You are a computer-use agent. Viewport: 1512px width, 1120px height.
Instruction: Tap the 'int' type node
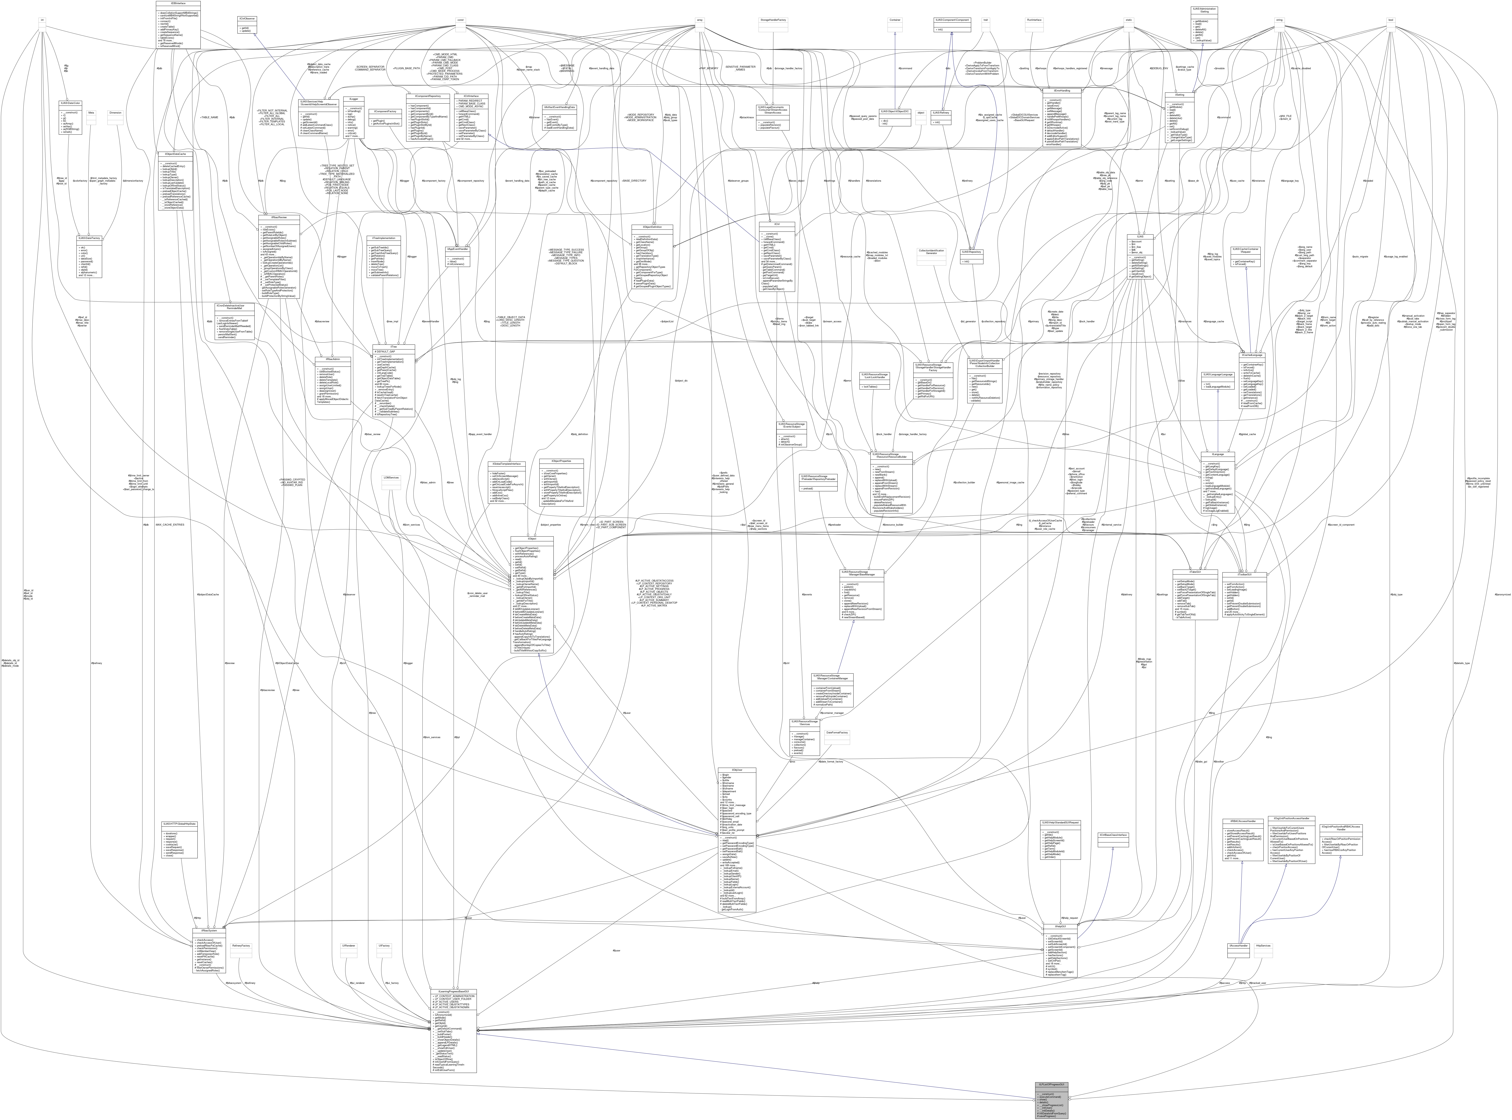click(x=42, y=20)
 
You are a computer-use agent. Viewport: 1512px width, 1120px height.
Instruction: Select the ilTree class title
click(x=393, y=347)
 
